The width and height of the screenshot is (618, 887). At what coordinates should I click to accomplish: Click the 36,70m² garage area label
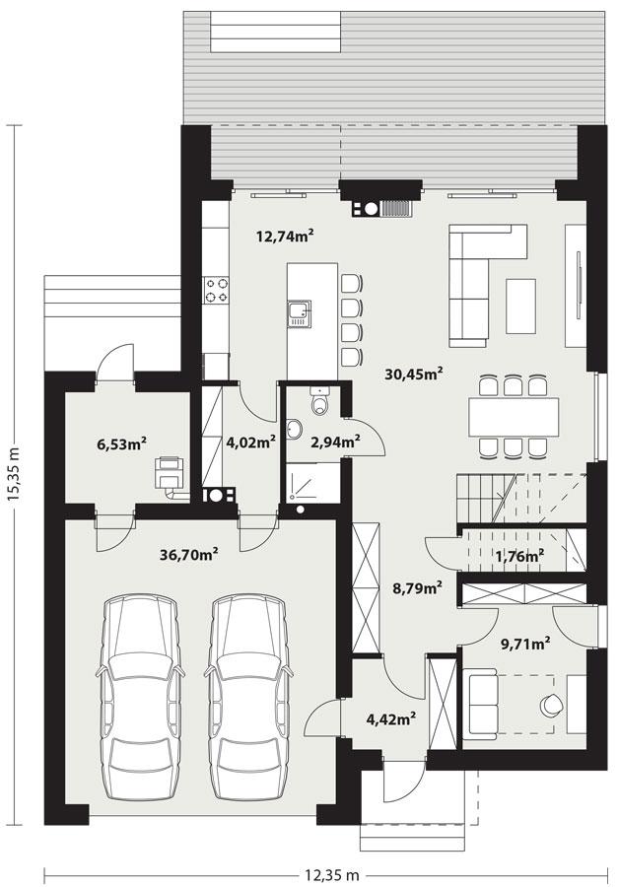pos(188,555)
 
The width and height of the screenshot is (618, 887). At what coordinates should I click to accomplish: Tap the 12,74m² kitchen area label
pos(285,236)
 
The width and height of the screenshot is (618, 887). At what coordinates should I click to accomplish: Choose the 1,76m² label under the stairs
pos(519,557)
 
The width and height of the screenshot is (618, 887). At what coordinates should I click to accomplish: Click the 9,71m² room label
pos(524,646)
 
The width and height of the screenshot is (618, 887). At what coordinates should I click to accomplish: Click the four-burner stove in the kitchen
pos(217,290)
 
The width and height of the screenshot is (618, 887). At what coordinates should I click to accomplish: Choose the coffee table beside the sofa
pos(519,306)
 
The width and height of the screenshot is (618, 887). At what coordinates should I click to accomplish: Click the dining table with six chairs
pos(513,415)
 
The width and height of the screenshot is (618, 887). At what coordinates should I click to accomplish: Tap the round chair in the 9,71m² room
pos(550,705)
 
